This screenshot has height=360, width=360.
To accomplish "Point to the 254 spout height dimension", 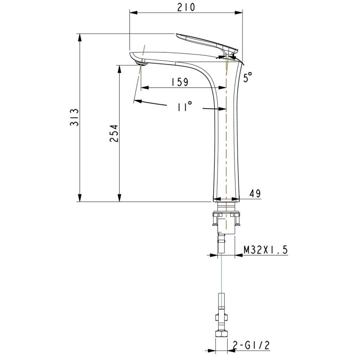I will click(x=114, y=134).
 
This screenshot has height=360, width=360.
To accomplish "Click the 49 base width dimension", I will click(x=255, y=193).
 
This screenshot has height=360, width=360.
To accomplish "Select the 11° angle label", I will click(x=184, y=107).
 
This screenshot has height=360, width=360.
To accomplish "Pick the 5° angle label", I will click(x=247, y=78).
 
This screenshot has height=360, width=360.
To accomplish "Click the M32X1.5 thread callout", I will click(x=265, y=250).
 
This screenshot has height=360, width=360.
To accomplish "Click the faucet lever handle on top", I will click(x=207, y=43).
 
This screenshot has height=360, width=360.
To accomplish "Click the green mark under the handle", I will click(x=228, y=57).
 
